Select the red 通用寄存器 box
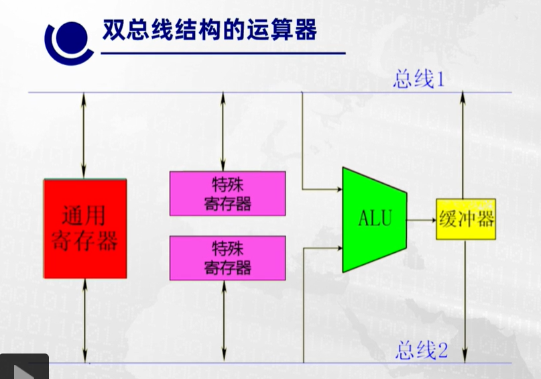[x=85, y=229]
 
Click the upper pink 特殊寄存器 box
[x=227, y=193]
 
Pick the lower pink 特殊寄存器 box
[x=227, y=258]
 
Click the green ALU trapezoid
[x=374, y=219]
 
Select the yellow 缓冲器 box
[x=466, y=219]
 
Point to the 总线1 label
[x=420, y=80]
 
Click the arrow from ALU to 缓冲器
[x=421, y=219]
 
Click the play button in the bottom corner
[x=24, y=368]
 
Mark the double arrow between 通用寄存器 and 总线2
[x=85, y=321]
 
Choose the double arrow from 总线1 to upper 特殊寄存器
[x=224, y=131]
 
